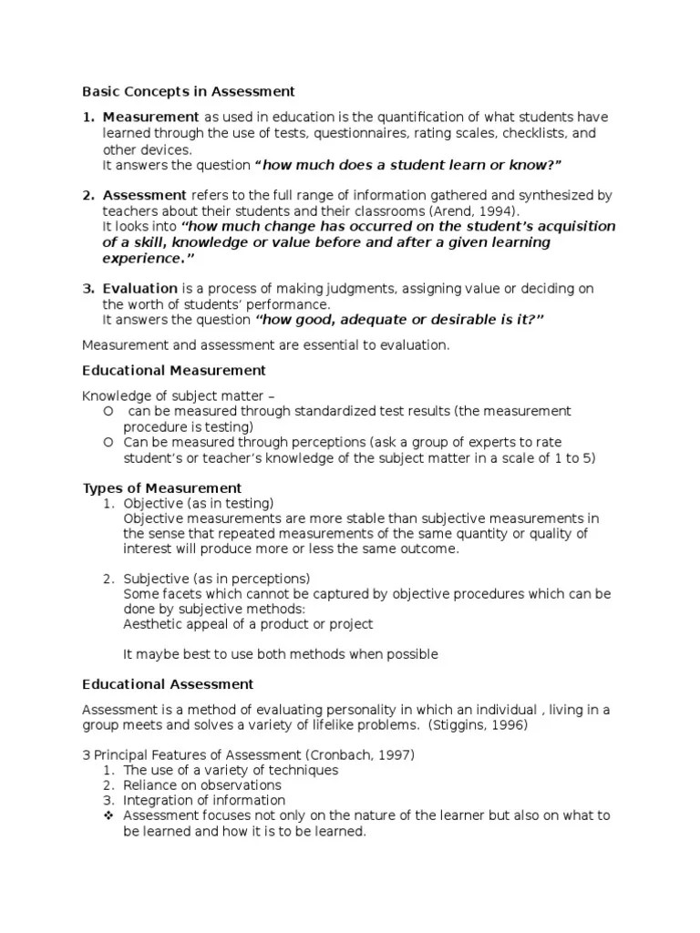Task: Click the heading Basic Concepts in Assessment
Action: (x=189, y=91)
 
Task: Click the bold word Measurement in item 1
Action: (x=150, y=118)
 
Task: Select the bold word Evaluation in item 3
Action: (x=139, y=289)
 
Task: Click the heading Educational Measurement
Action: (x=174, y=370)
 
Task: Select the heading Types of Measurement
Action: (x=162, y=488)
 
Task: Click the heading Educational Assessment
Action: (x=168, y=683)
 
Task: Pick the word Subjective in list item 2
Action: (x=156, y=579)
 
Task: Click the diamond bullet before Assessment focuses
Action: (x=109, y=815)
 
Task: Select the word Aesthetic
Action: (x=152, y=624)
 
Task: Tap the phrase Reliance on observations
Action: (x=202, y=785)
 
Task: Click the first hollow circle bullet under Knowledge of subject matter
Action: (x=108, y=412)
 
